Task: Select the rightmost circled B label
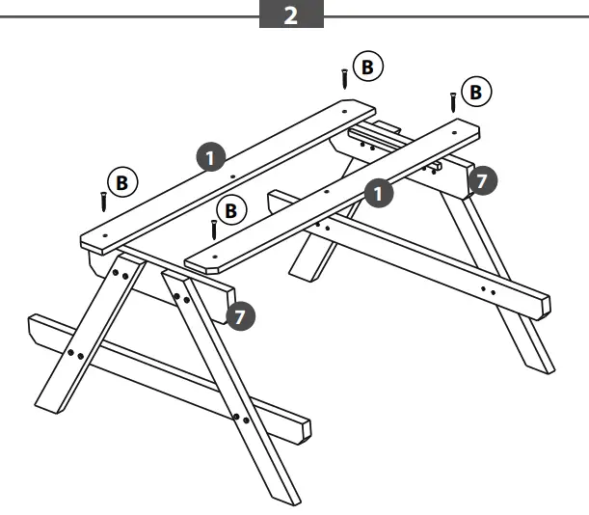tap(475, 92)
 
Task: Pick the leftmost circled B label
tap(121, 180)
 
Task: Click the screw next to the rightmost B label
tap(452, 102)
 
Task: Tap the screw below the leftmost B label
tap(103, 202)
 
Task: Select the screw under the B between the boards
tap(213, 230)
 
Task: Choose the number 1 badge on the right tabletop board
tap(381, 192)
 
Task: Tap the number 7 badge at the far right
tap(482, 180)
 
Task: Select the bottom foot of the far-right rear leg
tap(542, 365)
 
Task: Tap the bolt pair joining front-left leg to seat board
tap(75, 355)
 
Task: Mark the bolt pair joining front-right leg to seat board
tap(241, 419)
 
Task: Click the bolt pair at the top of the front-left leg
tap(120, 275)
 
